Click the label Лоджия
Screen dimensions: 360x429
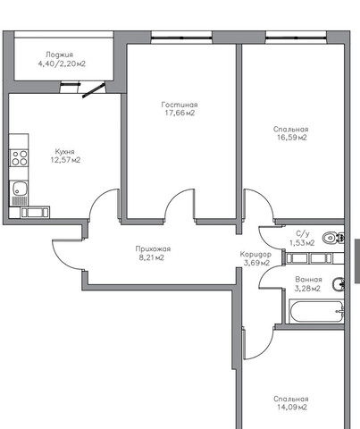tap(59, 55)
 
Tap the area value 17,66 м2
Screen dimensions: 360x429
tap(180, 113)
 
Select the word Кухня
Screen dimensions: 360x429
tap(64, 152)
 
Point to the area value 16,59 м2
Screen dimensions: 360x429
tap(292, 138)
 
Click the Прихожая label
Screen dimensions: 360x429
tap(153, 248)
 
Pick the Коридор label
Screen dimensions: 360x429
tap(255, 255)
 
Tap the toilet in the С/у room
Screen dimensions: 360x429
tap(333, 238)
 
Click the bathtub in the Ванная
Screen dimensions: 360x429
tap(316, 312)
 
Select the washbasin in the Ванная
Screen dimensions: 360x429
tap(339, 284)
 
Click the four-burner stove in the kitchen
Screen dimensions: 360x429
tap(20, 158)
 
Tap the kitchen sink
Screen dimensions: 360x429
tap(20, 189)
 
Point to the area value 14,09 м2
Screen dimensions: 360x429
tap(292, 408)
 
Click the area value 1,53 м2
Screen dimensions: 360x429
tap(302, 243)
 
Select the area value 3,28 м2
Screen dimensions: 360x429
tap(307, 289)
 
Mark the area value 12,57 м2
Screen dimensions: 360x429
tap(65, 160)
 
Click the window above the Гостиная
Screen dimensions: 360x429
tap(181, 38)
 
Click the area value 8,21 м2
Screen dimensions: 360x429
tap(152, 257)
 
